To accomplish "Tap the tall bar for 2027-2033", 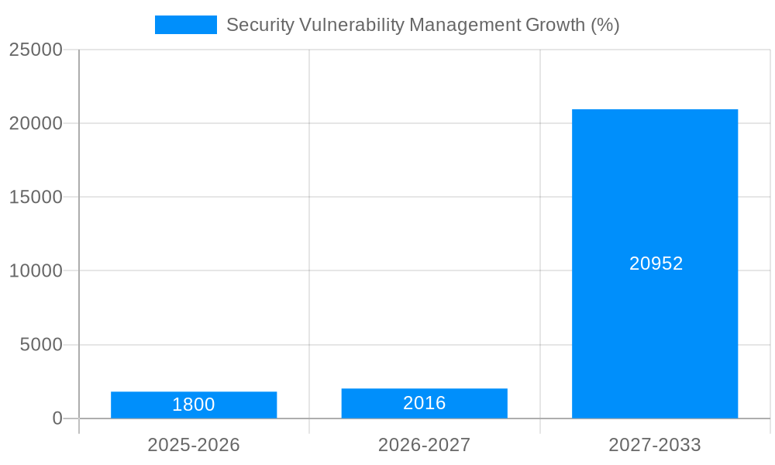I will tap(655, 194).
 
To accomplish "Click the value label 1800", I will tap(194, 405).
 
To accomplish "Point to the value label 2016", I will tap(424, 403).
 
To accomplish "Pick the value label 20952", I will tap(656, 263).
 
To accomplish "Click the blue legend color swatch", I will tap(186, 25).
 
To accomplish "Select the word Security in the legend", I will tap(260, 25).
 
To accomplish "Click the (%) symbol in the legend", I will tap(605, 25).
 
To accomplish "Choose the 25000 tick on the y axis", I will tap(36, 50).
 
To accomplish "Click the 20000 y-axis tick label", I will tap(36, 123).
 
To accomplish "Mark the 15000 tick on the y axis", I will tap(36, 197).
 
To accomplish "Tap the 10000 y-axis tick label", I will tap(36, 270).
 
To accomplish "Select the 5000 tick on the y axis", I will tap(41, 344).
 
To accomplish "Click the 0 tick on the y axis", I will tap(57, 418).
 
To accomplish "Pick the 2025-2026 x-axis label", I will tap(194, 445).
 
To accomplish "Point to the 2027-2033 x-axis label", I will tap(655, 445).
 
